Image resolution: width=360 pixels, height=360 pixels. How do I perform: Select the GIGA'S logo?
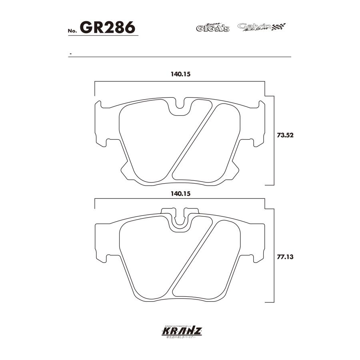tap(212, 28)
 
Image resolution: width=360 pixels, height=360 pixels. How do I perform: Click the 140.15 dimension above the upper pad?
tap(179, 74)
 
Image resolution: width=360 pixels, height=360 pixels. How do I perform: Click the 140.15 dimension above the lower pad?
tap(179, 193)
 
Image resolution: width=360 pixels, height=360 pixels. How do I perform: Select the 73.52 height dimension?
tap(285, 135)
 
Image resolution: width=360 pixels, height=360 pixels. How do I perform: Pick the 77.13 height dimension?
tap(285, 257)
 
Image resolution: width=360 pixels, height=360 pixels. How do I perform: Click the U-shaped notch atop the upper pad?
tap(180, 106)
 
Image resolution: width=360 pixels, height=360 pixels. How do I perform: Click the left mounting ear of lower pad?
tap(100, 242)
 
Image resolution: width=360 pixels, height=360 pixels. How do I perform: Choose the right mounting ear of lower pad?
tap(260, 242)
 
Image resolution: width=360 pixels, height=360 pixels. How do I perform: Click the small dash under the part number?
tap(70, 54)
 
